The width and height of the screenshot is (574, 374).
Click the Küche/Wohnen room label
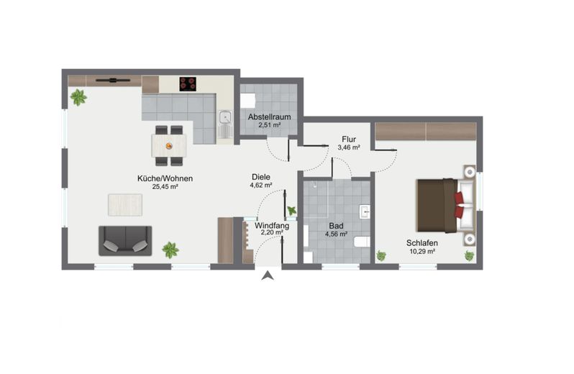[x=165, y=178]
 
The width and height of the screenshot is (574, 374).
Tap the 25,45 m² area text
[x=165, y=186]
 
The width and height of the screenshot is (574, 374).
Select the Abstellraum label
[x=270, y=117]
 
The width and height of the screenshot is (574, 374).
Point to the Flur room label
[x=349, y=139]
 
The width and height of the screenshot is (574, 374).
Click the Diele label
[x=261, y=177]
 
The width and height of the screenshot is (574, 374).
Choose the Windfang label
[x=272, y=225]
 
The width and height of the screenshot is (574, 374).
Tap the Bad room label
[x=336, y=226]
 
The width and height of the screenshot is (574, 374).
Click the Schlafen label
[x=422, y=243]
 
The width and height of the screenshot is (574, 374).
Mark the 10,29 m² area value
[x=422, y=252]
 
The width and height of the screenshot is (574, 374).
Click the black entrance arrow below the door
[x=268, y=275]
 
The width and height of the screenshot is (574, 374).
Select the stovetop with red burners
[x=188, y=84]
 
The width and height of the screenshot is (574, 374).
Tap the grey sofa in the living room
[x=125, y=240]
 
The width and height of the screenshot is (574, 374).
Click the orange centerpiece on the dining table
[x=169, y=146]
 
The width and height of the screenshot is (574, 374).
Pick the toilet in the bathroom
[x=362, y=242]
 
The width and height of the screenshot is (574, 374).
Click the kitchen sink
[x=224, y=117]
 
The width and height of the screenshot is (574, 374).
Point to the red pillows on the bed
[x=459, y=205]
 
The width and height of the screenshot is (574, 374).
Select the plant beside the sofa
[x=170, y=250]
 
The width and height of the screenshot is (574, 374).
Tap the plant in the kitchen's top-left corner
[x=78, y=97]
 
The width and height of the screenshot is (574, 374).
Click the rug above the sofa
[x=125, y=205]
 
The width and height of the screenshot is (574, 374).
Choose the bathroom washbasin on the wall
[x=365, y=212]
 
